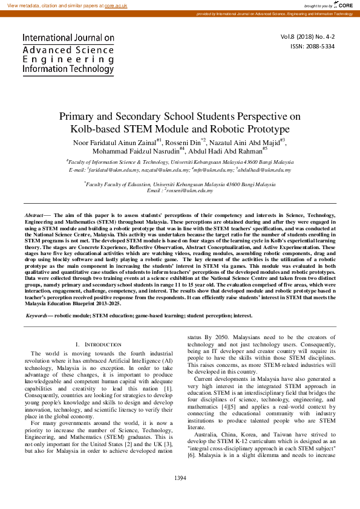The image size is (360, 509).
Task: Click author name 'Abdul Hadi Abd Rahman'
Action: tap(224, 151)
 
